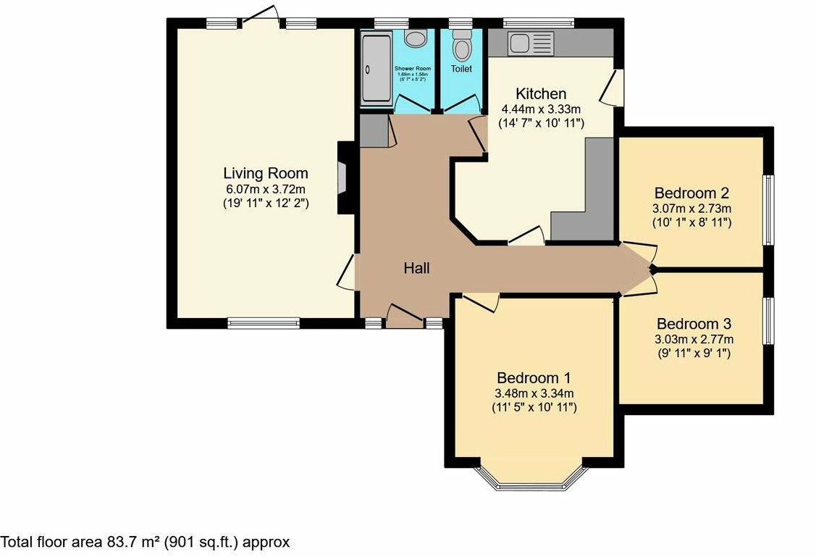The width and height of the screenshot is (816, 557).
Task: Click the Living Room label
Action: [265, 174]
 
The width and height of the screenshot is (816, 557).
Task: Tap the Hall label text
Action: [416, 269]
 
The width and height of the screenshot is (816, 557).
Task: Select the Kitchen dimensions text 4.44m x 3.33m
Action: [541, 109]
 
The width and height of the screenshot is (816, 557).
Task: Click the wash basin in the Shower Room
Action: [415, 38]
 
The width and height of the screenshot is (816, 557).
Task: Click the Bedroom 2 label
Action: [691, 193]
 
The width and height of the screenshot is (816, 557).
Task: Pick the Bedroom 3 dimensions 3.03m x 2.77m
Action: [694, 339]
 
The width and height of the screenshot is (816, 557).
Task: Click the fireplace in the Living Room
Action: [342, 177]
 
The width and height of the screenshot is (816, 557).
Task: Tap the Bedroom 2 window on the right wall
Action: [769, 210]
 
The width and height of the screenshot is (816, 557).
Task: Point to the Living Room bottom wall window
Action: [264, 323]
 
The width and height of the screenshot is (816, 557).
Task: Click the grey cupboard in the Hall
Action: [374, 131]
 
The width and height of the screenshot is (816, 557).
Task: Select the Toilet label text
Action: [461, 69]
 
